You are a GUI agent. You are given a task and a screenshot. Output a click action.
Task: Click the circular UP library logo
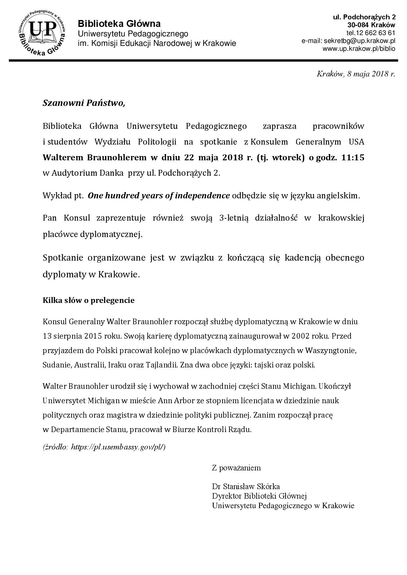coord(42,33)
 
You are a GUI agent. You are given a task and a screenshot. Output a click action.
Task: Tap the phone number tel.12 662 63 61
coord(371,33)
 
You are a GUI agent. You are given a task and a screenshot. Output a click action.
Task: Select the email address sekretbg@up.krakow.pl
coord(359,41)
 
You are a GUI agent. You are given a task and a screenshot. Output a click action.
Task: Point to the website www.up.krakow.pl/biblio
coord(359,49)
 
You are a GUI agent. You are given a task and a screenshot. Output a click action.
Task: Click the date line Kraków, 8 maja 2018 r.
coord(355,74)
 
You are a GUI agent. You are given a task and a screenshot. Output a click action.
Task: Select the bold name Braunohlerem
coord(117,157)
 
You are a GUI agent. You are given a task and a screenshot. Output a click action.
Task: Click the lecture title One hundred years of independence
coord(159,196)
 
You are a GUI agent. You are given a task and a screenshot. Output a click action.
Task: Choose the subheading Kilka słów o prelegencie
coord(89,300)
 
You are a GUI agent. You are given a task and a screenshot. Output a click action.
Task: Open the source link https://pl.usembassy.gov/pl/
coord(118,447)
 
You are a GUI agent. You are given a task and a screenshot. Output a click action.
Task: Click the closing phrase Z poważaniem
coord(236,468)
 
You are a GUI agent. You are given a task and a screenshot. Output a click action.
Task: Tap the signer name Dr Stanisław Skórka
coord(246,486)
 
